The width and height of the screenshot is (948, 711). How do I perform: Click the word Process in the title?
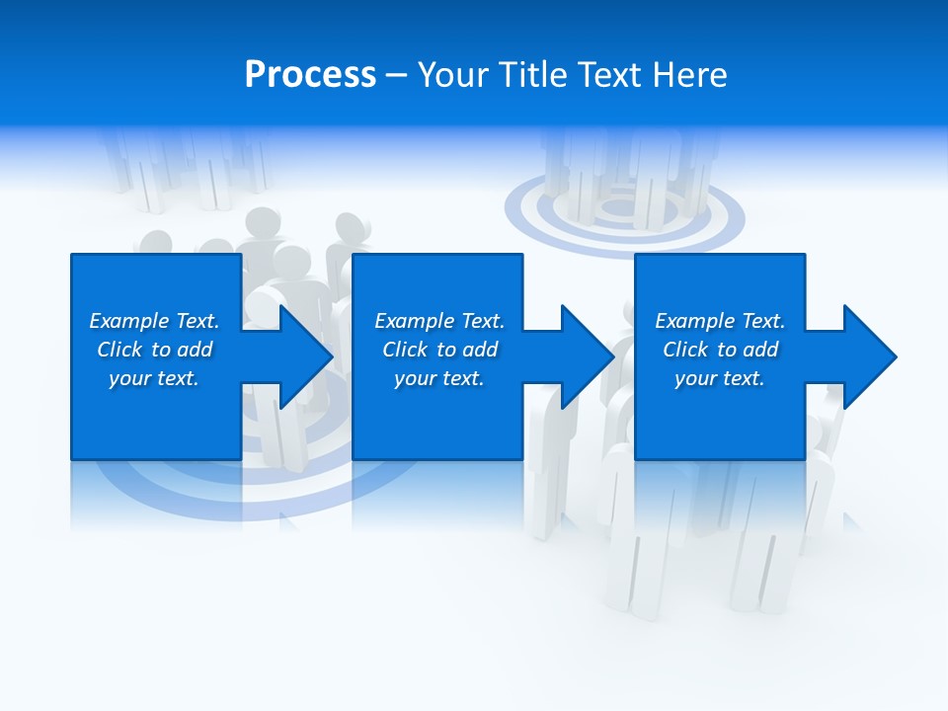tap(310, 75)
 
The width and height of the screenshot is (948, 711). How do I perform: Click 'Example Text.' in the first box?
tap(154, 321)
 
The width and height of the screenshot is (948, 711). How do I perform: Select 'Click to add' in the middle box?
tap(439, 350)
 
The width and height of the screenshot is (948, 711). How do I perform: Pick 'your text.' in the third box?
tap(720, 378)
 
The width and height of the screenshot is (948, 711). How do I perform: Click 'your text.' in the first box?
tap(154, 378)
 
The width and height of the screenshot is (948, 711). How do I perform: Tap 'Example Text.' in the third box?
tap(720, 321)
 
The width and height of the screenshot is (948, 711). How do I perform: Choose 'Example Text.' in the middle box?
tap(439, 321)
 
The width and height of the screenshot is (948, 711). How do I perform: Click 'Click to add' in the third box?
tap(720, 350)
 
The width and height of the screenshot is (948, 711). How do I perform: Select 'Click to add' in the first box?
tap(154, 350)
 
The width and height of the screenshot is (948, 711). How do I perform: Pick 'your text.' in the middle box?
tap(439, 378)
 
